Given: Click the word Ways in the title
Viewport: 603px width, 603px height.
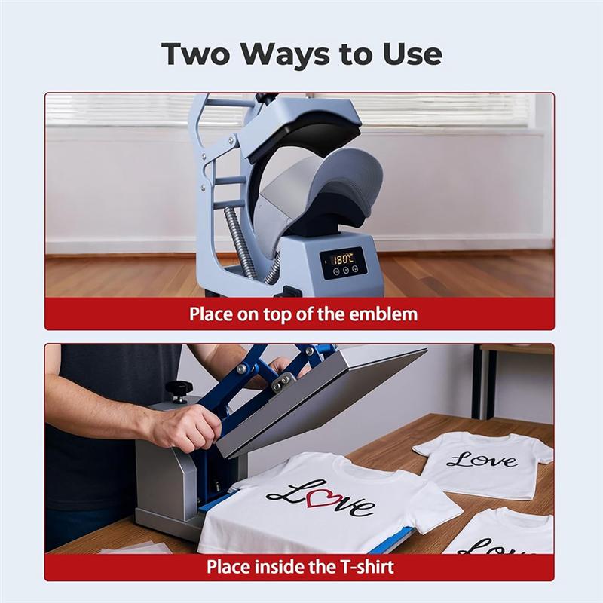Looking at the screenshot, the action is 286,54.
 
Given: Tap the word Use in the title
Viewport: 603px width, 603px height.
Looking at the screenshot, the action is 412,54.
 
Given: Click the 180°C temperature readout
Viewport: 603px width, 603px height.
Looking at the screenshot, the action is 343,259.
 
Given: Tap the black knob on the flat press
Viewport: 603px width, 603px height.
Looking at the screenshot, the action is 177,389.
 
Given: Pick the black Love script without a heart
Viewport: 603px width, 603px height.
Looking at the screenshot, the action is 482,460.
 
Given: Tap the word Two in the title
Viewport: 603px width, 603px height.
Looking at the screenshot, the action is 195,54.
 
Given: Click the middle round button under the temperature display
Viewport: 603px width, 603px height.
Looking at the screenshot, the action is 346,270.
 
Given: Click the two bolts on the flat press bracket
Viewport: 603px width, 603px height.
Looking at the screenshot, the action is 281,381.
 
